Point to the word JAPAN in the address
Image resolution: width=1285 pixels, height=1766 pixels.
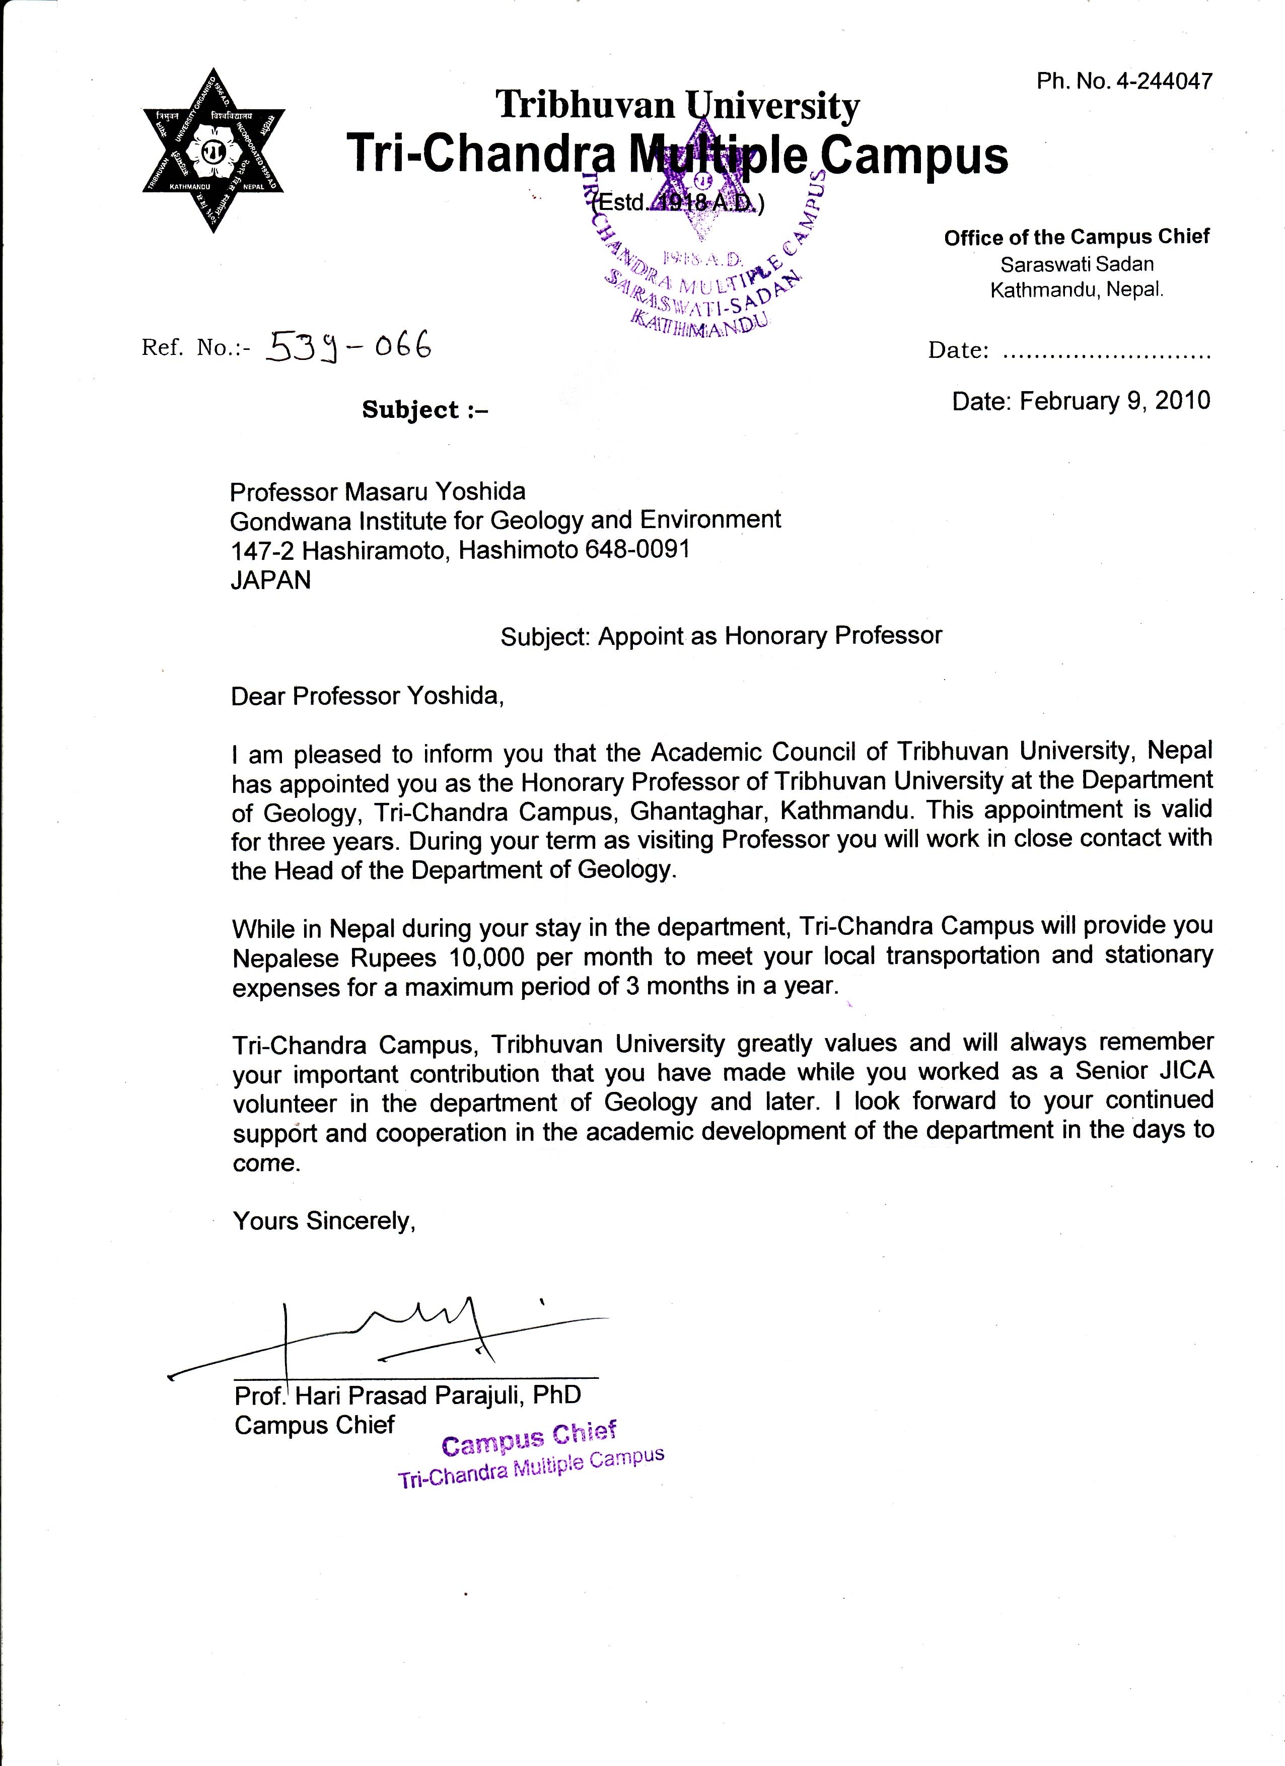[270, 580]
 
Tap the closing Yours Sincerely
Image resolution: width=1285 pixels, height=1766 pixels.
[325, 1221]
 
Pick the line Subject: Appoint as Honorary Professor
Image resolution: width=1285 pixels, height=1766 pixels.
[721, 636]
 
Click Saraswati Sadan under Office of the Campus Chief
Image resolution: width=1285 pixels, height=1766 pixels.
[1076, 265]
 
